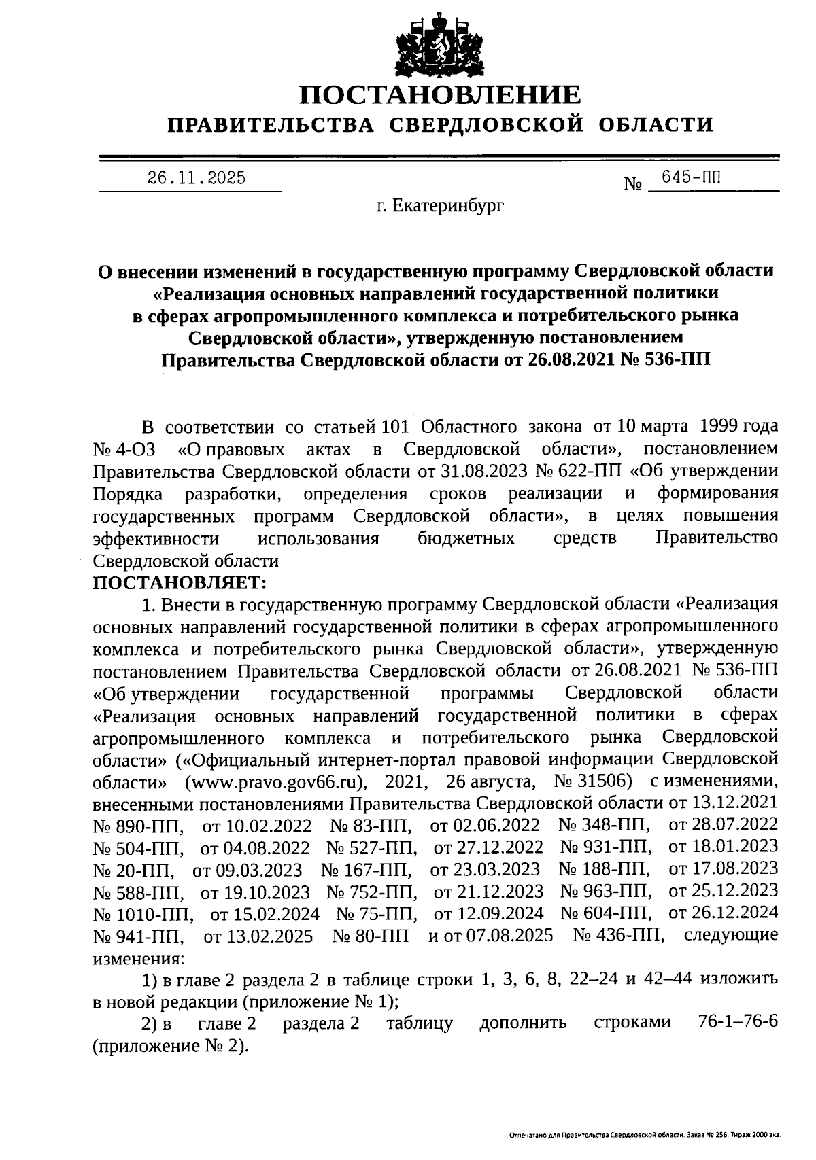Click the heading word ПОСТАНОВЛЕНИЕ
click(441, 94)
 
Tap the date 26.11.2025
click(197, 179)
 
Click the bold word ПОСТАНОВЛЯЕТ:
click(180, 582)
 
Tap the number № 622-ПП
click(576, 471)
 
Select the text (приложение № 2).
click(170, 1046)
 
